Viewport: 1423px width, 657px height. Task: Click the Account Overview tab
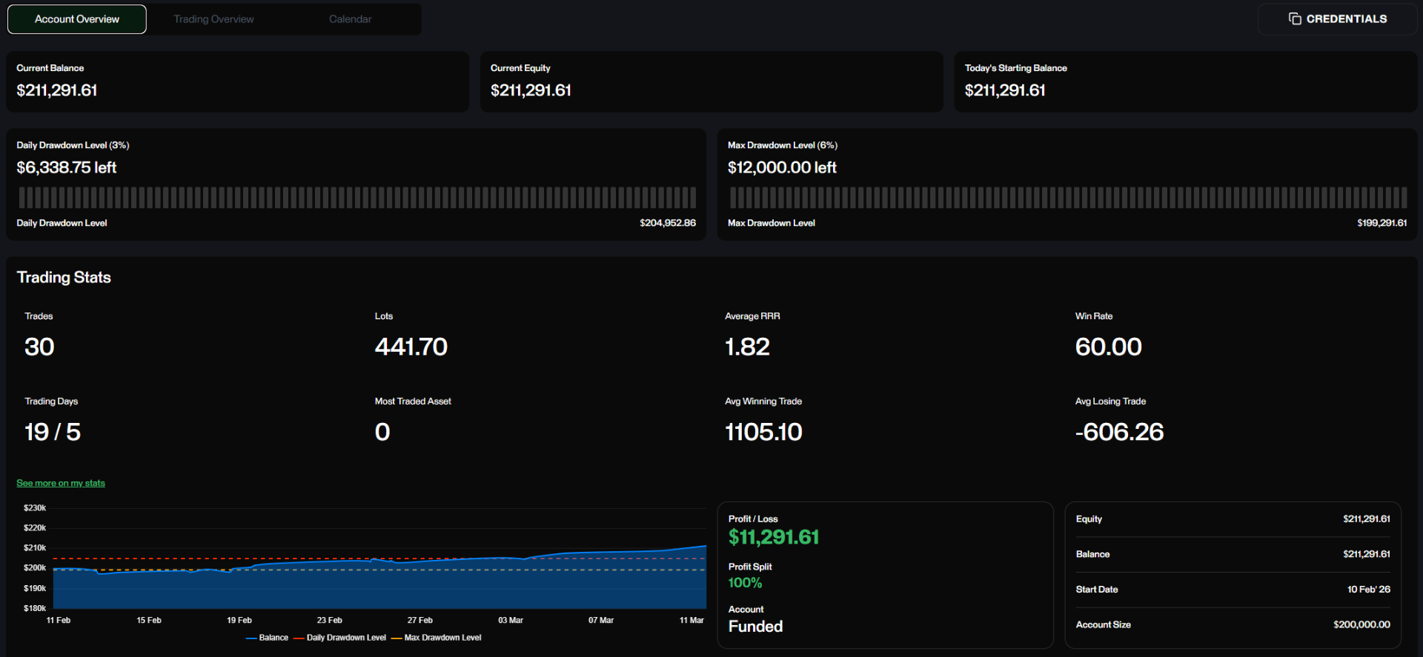[x=77, y=19]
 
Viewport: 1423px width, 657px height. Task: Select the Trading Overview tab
[x=213, y=19]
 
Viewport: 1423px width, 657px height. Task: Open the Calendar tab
[x=351, y=19]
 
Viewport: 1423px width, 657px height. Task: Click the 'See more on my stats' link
[x=61, y=483]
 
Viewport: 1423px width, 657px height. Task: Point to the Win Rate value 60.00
[x=1108, y=347]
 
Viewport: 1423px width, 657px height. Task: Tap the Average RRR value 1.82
[x=747, y=347]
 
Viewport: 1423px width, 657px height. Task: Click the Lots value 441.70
[x=411, y=347]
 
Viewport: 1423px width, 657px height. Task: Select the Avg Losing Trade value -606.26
[x=1119, y=432]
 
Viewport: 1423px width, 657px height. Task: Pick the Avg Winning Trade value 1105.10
[x=763, y=432]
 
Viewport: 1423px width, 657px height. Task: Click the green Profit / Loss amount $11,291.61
[x=774, y=537]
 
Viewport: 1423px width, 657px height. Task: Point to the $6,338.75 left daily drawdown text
[x=67, y=167]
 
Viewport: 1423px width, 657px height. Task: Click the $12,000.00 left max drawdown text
[x=782, y=167]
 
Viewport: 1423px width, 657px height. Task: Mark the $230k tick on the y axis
[x=35, y=508]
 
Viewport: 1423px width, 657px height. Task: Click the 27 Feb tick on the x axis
[x=419, y=621]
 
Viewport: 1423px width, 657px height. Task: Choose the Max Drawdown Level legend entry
[x=437, y=638]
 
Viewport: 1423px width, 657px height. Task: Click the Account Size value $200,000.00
[x=1361, y=624]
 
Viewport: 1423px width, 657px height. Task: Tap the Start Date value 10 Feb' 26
[x=1368, y=590]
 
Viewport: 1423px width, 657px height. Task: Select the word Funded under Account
[x=755, y=627]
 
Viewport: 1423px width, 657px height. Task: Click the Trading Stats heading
[x=64, y=278]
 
